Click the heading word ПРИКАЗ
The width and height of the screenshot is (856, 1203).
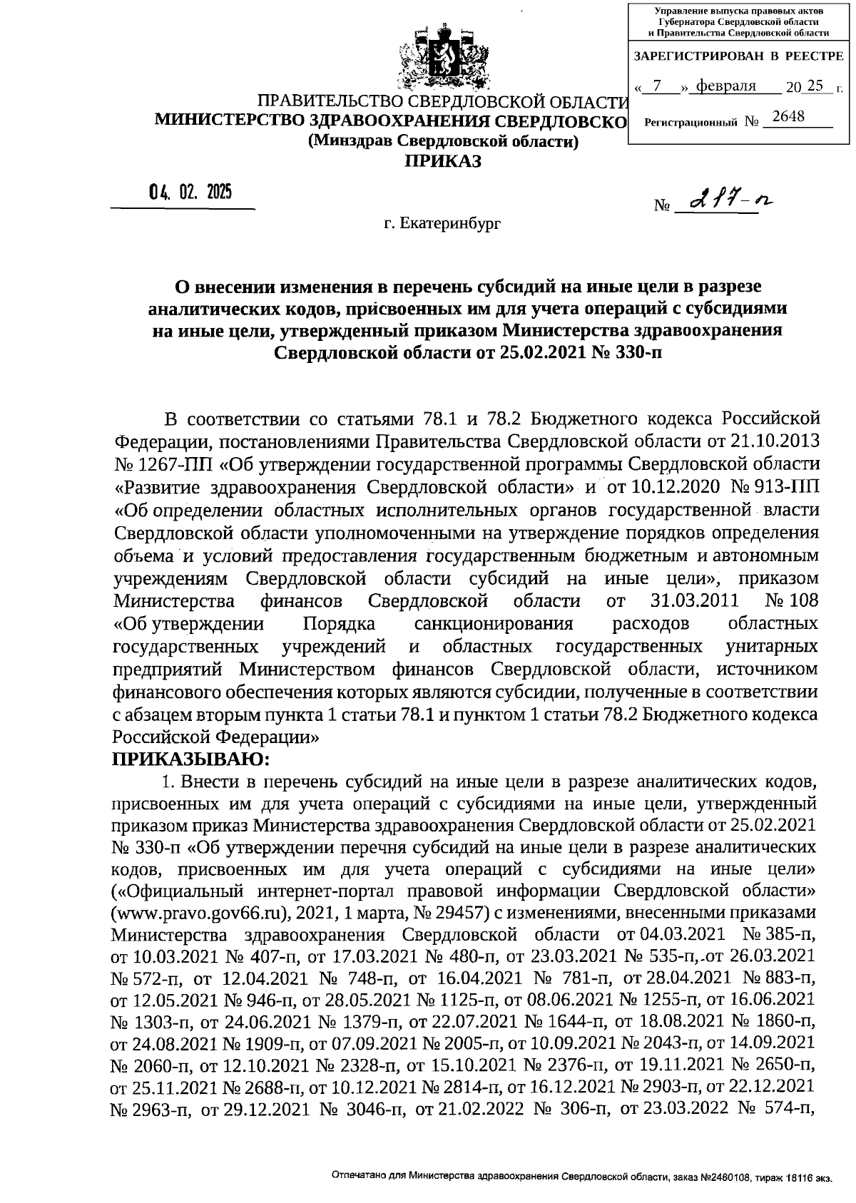(x=443, y=162)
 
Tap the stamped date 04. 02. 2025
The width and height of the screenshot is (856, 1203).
(x=190, y=193)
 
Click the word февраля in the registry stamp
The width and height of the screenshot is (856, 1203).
(x=725, y=86)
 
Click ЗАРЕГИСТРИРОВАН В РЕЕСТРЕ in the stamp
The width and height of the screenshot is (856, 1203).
(x=738, y=56)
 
